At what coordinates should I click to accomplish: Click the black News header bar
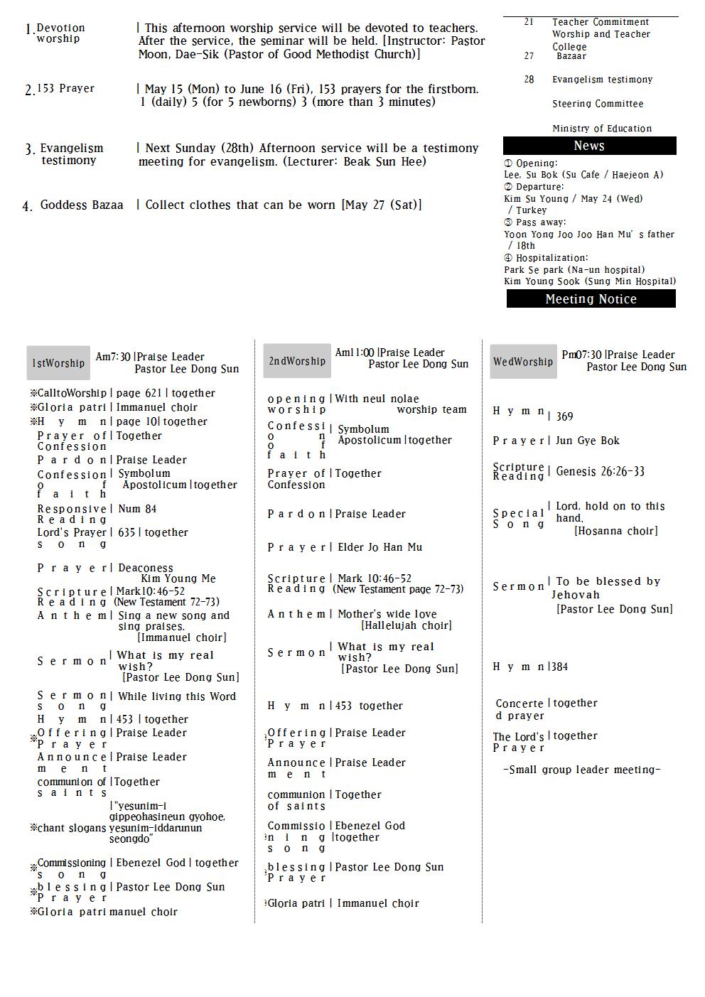(x=589, y=146)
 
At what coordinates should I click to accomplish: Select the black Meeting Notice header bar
(x=591, y=299)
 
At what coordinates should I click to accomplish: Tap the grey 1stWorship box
(x=58, y=363)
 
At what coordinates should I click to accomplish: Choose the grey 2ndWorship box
(x=297, y=361)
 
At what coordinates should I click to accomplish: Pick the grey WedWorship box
(x=523, y=362)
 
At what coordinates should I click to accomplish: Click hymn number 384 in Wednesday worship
(x=559, y=667)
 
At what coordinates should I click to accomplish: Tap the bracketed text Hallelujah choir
(x=406, y=626)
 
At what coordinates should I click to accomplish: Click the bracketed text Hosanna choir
(x=615, y=532)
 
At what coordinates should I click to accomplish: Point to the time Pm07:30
(x=581, y=355)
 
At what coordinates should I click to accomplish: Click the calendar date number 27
(x=529, y=56)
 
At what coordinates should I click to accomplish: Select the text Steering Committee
(x=598, y=104)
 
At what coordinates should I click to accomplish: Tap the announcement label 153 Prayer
(x=65, y=89)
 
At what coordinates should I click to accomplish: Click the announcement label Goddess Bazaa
(x=81, y=205)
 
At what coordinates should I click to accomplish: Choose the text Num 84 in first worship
(x=137, y=509)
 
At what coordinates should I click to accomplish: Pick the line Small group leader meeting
(x=581, y=770)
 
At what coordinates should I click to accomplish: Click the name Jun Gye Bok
(x=587, y=441)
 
